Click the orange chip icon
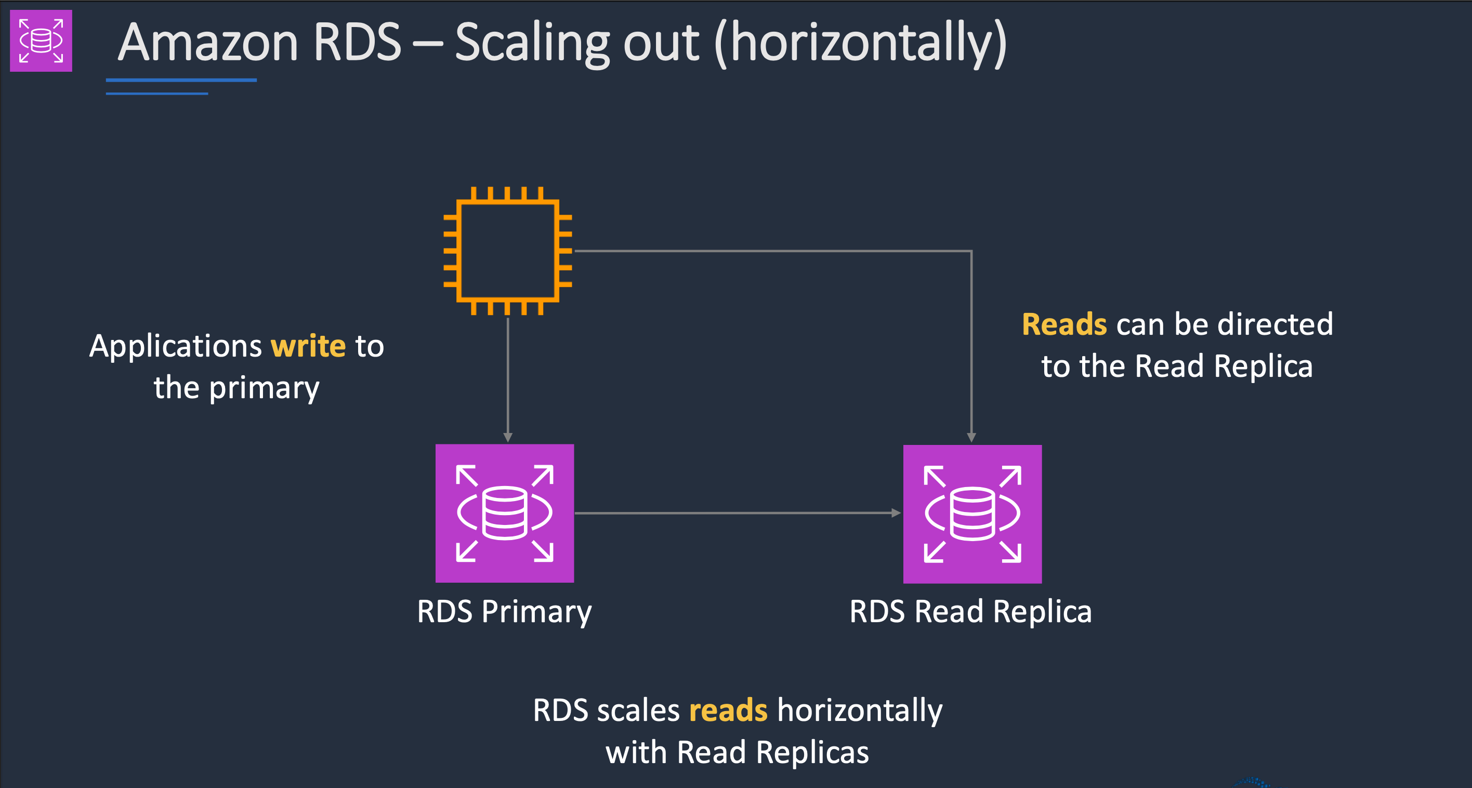(507, 251)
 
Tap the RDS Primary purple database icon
(505, 513)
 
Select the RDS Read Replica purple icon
(972, 514)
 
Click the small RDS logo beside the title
(41, 41)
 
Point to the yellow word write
(308, 346)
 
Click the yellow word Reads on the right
(1064, 324)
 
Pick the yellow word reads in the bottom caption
(728, 710)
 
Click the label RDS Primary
(504, 611)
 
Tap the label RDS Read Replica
(970, 611)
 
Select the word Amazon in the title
(208, 42)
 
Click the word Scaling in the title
(576, 42)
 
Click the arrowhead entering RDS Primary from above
(507, 438)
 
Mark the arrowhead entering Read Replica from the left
(896, 513)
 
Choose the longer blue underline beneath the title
(181, 81)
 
